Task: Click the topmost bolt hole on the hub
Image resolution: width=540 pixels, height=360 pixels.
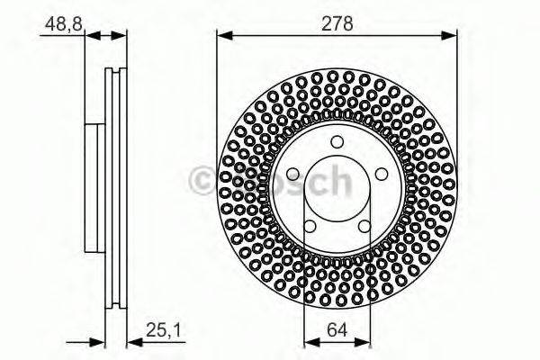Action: [x=337, y=141]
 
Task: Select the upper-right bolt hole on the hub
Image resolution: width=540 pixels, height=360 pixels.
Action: [x=381, y=174]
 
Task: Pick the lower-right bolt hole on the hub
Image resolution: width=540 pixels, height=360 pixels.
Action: [x=364, y=226]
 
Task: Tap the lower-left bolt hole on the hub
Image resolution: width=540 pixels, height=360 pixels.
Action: [x=309, y=226]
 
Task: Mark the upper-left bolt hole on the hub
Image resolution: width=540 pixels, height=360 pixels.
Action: [x=292, y=174]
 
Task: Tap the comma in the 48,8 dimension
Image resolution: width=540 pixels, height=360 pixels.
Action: [x=66, y=25]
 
